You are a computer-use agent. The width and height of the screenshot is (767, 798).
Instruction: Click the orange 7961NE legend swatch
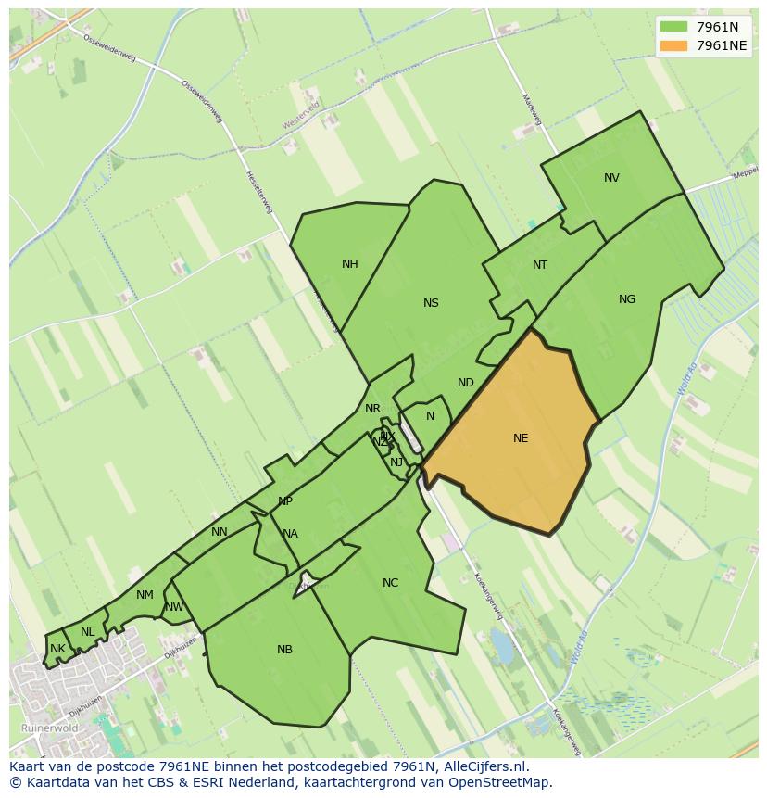(x=675, y=44)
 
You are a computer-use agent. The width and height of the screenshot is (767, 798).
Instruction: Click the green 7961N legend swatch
(x=675, y=27)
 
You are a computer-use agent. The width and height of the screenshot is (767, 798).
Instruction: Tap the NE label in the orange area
(x=521, y=438)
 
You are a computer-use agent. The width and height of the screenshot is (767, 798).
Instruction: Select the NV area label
(x=611, y=178)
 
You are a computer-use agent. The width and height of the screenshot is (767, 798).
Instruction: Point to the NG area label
(x=627, y=299)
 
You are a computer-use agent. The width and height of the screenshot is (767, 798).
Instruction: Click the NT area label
(x=540, y=265)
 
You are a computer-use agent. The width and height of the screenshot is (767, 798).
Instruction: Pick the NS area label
(x=431, y=303)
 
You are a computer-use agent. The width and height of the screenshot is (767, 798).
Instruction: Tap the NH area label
(x=349, y=264)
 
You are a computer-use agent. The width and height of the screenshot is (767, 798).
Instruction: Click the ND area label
(x=466, y=383)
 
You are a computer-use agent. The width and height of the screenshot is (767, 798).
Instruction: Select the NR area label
(x=372, y=409)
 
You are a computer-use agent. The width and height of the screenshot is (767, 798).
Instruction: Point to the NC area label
(x=390, y=583)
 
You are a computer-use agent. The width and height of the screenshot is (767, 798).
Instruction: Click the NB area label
(x=284, y=650)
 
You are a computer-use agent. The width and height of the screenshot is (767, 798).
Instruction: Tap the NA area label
(x=290, y=534)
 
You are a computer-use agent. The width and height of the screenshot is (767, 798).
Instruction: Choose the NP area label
(x=285, y=501)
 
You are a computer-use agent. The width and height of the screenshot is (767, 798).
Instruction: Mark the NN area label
(x=220, y=532)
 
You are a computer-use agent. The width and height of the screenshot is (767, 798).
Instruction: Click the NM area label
(x=145, y=595)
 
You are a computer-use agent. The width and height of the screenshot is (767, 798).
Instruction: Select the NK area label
(x=57, y=649)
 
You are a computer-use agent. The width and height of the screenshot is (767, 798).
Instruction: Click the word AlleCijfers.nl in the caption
(x=478, y=766)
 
